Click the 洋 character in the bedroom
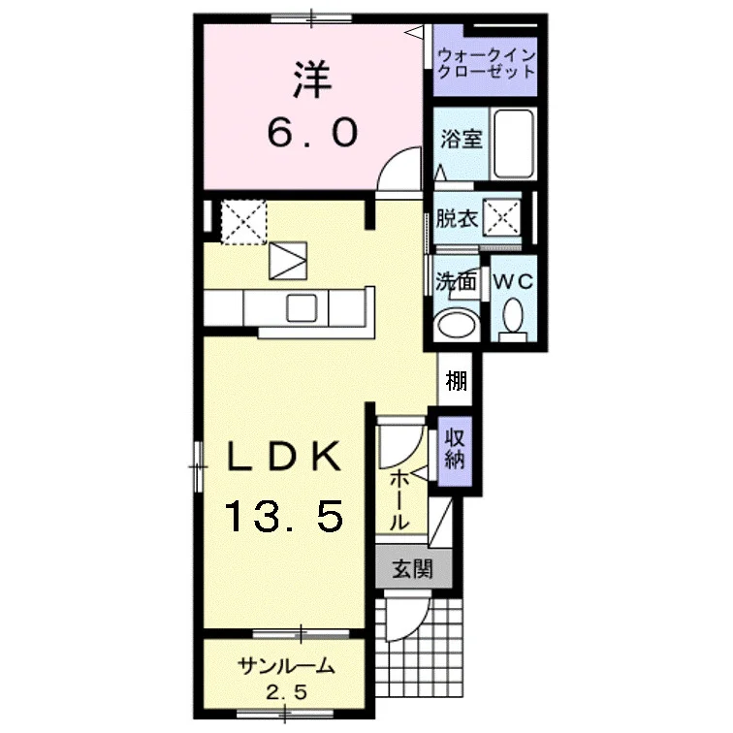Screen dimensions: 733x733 pyautogui.click(x=312, y=80)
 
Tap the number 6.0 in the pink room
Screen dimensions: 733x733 pyautogui.click(x=312, y=132)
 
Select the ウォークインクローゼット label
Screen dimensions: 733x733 pyautogui.click(x=486, y=64)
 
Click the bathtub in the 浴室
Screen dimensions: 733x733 pyautogui.click(x=514, y=143)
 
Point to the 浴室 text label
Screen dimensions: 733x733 pyautogui.click(x=462, y=139)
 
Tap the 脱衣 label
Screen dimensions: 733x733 pyautogui.click(x=457, y=218)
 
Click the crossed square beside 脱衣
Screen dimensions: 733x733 pyautogui.click(x=502, y=217)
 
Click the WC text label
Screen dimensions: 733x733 pyautogui.click(x=513, y=281)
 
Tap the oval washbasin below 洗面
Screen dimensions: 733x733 pyautogui.click(x=457, y=324)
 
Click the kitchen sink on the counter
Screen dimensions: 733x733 pyautogui.click(x=302, y=307)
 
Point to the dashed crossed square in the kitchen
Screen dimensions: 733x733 pyautogui.click(x=243, y=222)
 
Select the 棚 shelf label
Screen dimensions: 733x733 pyautogui.click(x=457, y=380)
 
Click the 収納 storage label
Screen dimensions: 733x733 pyautogui.click(x=455, y=449)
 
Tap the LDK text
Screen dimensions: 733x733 pyautogui.click(x=284, y=457)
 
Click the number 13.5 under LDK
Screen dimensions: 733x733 pyautogui.click(x=285, y=516)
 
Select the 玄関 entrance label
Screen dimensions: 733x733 pyautogui.click(x=412, y=569)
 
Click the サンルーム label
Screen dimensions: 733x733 pyautogui.click(x=286, y=666)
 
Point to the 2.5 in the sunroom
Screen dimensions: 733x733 pyautogui.click(x=287, y=692)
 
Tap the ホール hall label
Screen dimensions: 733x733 pyautogui.click(x=399, y=499)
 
